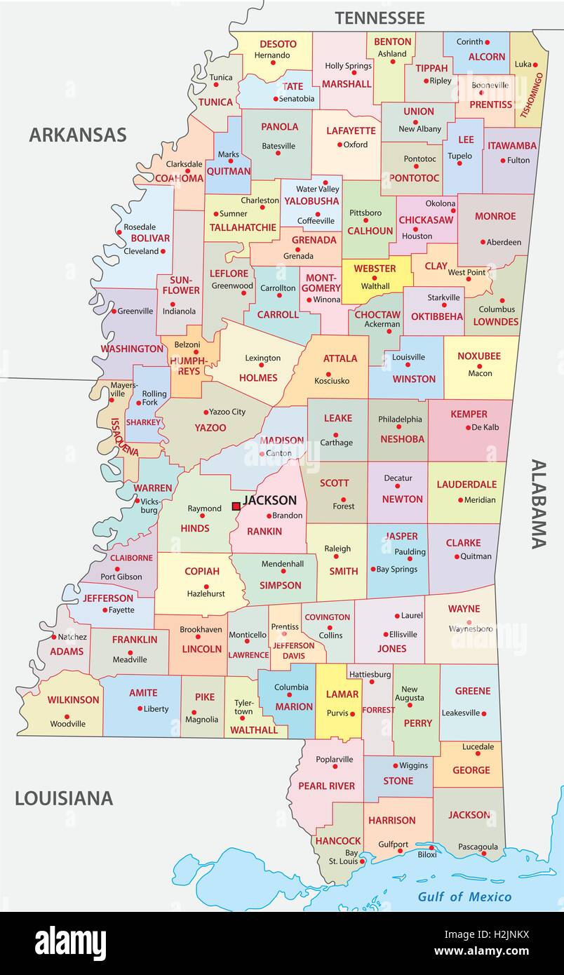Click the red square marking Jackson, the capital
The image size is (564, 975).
click(x=236, y=506)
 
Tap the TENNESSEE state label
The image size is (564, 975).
click(x=380, y=18)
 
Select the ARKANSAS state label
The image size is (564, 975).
click(x=77, y=135)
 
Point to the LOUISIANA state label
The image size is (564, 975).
click(x=64, y=798)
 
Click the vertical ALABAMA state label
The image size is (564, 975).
click(x=538, y=504)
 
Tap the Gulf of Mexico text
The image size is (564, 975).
click(x=464, y=896)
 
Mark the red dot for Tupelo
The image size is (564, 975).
click(x=459, y=163)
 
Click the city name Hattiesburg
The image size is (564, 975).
click(x=370, y=674)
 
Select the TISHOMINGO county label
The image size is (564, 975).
click(x=532, y=90)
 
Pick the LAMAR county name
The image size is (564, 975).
click(x=342, y=694)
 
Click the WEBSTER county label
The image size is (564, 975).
click(x=375, y=269)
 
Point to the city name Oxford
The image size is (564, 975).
click(x=356, y=144)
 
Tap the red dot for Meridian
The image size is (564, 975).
click(x=460, y=500)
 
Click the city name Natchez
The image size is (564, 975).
click(x=73, y=637)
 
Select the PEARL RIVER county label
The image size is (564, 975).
click(x=327, y=786)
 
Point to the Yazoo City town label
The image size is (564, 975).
click(x=228, y=412)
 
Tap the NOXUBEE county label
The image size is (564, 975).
click(x=479, y=356)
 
